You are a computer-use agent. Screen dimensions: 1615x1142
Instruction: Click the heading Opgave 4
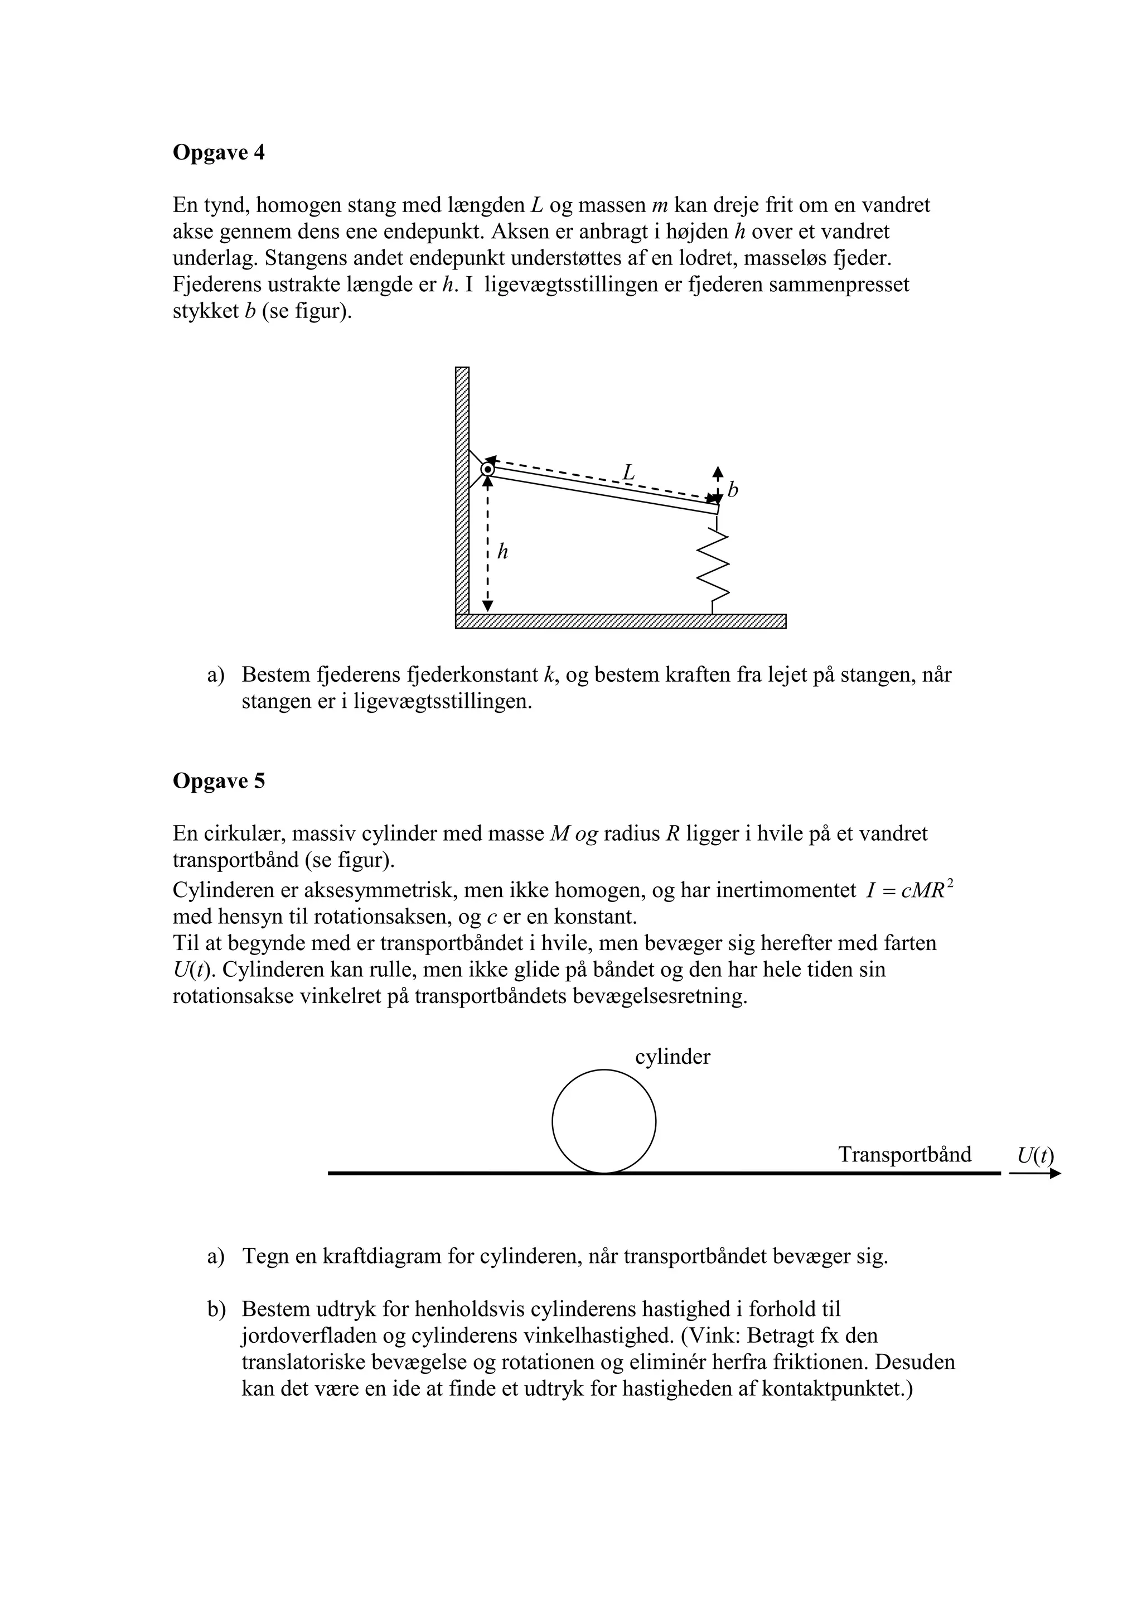coord(219,153)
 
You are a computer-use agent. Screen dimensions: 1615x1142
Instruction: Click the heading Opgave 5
coord(219,781)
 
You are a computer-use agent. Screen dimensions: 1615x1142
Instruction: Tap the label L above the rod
coord(628,472)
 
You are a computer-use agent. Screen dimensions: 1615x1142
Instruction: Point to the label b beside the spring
coord(733,490)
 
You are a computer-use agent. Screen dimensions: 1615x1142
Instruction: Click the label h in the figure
coord(502,552)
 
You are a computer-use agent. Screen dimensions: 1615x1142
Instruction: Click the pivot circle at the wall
coord(487,469)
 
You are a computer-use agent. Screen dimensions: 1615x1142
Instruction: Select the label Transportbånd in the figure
coord(904,1155)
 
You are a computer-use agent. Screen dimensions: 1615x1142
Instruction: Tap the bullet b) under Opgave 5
coord(216,1309)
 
